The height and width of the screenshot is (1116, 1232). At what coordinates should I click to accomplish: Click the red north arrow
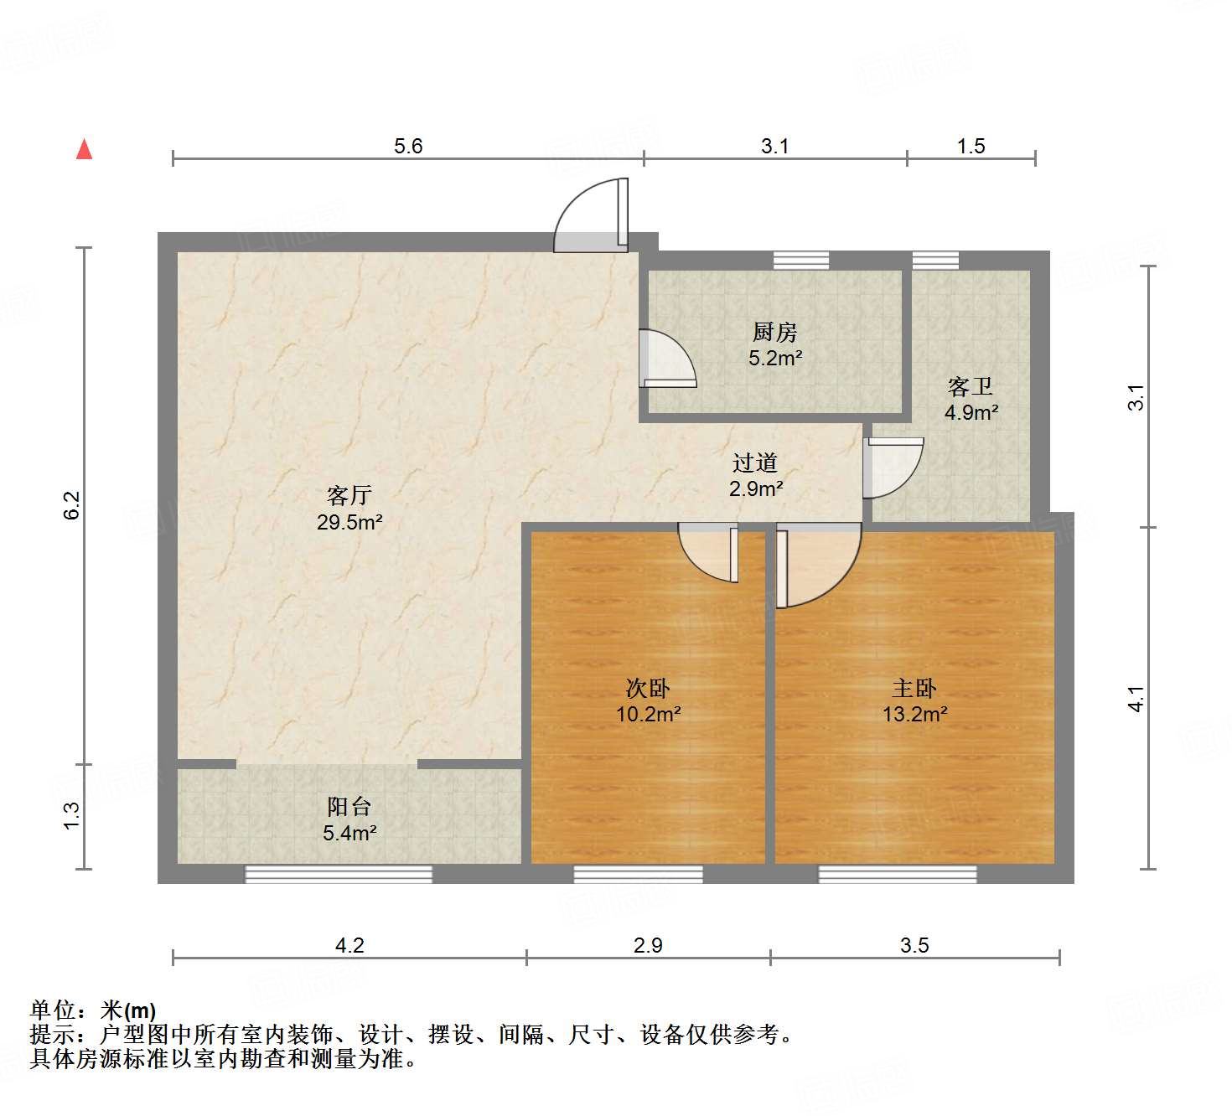(x=84, y=149)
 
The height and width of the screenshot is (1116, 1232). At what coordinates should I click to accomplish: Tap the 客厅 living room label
(x=349, y=495)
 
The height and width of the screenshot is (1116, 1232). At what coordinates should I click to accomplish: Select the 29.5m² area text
(x=349, y=522)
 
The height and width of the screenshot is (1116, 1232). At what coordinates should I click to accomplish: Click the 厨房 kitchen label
(x=774, y=333)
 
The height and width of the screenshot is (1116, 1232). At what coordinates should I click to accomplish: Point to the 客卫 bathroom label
(x=971, y=386)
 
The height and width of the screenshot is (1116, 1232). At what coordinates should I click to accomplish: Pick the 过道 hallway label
(x=755, y=462)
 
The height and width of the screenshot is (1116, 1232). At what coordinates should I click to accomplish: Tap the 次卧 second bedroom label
(x=648, y=689)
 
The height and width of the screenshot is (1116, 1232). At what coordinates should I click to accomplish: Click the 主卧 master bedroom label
(x=914, y=689)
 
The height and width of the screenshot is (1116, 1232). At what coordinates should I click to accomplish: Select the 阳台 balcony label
(x=349, y=807)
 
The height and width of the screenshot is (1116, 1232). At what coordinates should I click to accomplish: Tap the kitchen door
(x=666, y=359)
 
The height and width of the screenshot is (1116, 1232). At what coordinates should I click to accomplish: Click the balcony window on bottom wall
(x=339, y=875)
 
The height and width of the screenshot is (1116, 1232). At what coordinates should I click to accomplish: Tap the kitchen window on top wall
(x=800, y=261)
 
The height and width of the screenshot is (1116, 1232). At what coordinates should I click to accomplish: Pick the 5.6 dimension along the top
(x=408, y=147)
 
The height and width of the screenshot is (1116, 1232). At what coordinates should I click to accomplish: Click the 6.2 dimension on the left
(x=72, y=505)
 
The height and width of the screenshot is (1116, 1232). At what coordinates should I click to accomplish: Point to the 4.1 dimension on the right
(x=1136, y=698)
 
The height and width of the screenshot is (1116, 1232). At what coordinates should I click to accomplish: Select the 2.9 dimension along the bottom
(x=648, y=945)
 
